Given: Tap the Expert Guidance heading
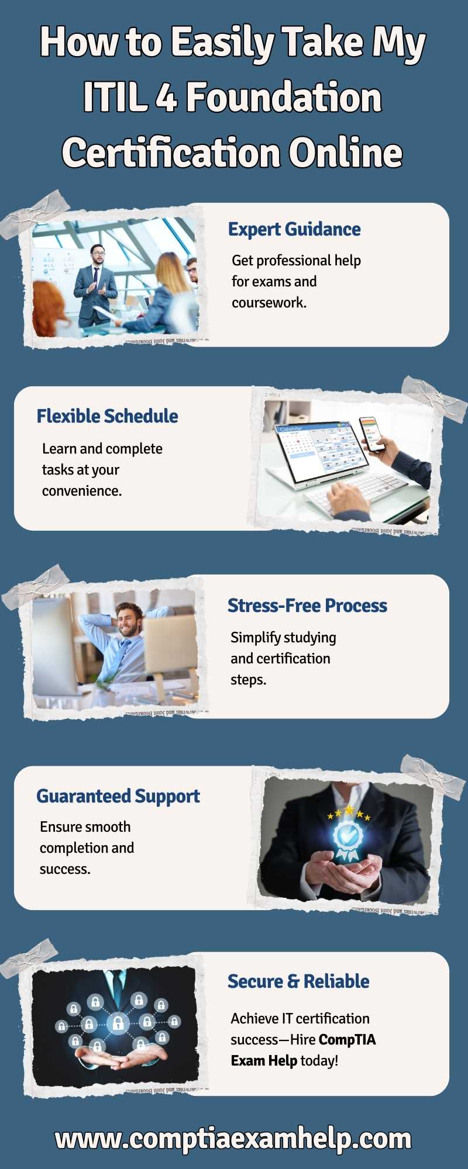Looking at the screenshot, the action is point(294,229).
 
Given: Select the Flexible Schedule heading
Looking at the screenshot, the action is point(107,416).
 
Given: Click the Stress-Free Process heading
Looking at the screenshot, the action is point(307,606).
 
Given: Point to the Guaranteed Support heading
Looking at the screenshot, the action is point(118,796).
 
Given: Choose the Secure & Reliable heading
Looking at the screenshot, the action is point(298,981).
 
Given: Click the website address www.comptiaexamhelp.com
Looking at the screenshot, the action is point(233,1139).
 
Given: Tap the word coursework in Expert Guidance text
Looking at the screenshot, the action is point(269,303).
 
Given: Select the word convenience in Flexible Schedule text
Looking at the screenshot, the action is point(82,491).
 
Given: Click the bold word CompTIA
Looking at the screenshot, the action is point(347,1040).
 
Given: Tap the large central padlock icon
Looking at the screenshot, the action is point(118,1023).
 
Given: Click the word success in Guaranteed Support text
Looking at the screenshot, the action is point(65,870).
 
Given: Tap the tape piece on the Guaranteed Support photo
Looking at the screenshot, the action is point(433,776).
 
